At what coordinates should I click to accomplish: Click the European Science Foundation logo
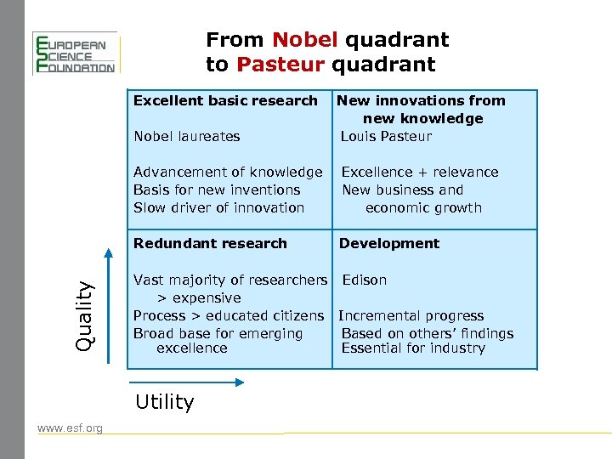click(74, 53)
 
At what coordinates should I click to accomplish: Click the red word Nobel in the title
click(305, 40)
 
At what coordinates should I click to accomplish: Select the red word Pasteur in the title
click(281, 65)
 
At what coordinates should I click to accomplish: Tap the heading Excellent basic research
click(225, 100)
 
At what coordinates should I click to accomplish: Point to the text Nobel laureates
click(186, 136)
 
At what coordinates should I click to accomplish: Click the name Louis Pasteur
click(386, 136)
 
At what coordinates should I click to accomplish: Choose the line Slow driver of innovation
click(218, 207)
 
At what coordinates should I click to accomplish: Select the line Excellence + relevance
click(420, 172)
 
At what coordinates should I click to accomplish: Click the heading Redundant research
click(210, 243)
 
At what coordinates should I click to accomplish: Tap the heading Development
click(389, 243)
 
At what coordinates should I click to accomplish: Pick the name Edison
click(364, 280)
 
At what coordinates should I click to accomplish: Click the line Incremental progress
click(411, 315)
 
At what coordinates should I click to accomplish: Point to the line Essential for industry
click(413, 348)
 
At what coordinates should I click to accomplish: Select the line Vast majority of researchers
click(229, 280)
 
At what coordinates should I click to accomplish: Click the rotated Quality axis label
click(83, 307)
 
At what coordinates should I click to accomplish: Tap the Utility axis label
click(164, 402)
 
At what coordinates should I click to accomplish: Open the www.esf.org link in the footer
click(70, 428)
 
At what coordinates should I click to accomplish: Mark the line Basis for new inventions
click(217, 190)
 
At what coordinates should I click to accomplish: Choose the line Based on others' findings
click(428, 333)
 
